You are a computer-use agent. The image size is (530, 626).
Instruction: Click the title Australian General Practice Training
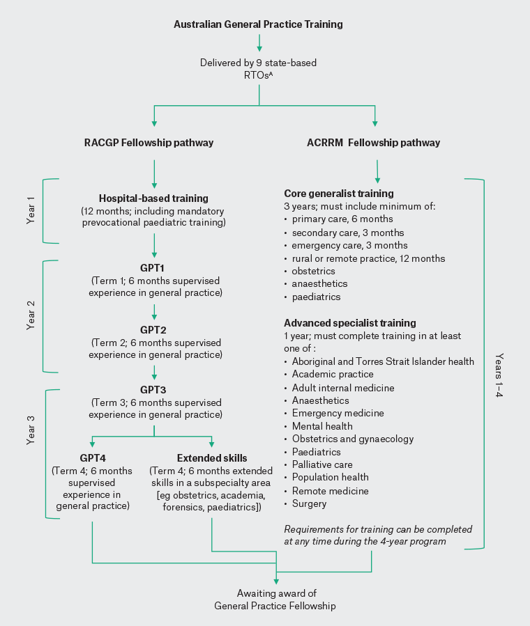tap(258, 24)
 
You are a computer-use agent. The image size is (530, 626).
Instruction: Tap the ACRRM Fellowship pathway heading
tap(374, 143)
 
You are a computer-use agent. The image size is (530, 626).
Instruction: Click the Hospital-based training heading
tap(153, 198)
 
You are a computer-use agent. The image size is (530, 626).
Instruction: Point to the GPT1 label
tap(153, 267)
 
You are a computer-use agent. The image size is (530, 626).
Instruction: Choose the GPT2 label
tap(153, 329)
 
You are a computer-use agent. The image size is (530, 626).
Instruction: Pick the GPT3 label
tap(153, 390)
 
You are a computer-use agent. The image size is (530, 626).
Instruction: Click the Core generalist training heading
tap(339, 193)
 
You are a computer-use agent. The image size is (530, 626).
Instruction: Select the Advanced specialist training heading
tap(350, 323)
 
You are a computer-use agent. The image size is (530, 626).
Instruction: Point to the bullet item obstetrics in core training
tap(313, 271)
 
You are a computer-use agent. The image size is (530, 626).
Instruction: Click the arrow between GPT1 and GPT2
tap(153, 311)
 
